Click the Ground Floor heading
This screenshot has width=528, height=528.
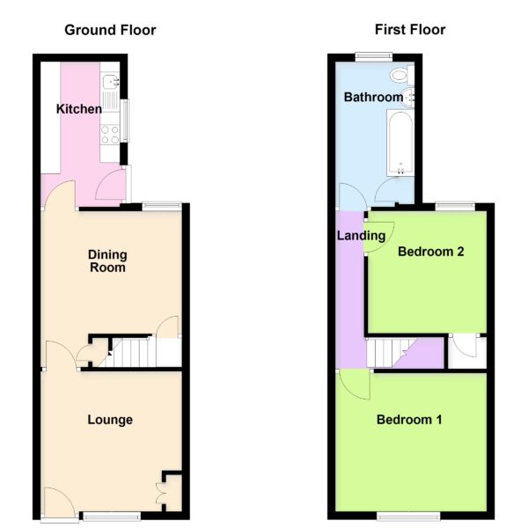pos(110,30)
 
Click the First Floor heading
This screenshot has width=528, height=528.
pos(410,30)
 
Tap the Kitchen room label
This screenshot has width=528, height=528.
pos(79,109)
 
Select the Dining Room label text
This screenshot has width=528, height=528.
pos(107,261)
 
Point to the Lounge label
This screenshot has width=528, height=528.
pos(110,420)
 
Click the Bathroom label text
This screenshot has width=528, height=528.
pos(373,97)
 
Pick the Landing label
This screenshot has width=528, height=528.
pos(361,235)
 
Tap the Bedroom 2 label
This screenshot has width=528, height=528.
pos(430,252)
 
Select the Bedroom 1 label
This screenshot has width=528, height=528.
pos(409,420)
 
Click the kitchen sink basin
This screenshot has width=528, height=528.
pos(110,81)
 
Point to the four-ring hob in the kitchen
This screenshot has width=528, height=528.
pos(110,135)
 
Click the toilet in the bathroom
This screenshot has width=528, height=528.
pos(402,75)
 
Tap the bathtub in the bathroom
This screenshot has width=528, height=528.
pos(400,143)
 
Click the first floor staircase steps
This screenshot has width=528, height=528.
pos(387,353)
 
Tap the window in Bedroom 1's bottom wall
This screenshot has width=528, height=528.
pos(408,516)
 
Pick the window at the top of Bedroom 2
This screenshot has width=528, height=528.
pos(455,206)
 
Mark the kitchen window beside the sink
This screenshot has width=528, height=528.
pos(125,121)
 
